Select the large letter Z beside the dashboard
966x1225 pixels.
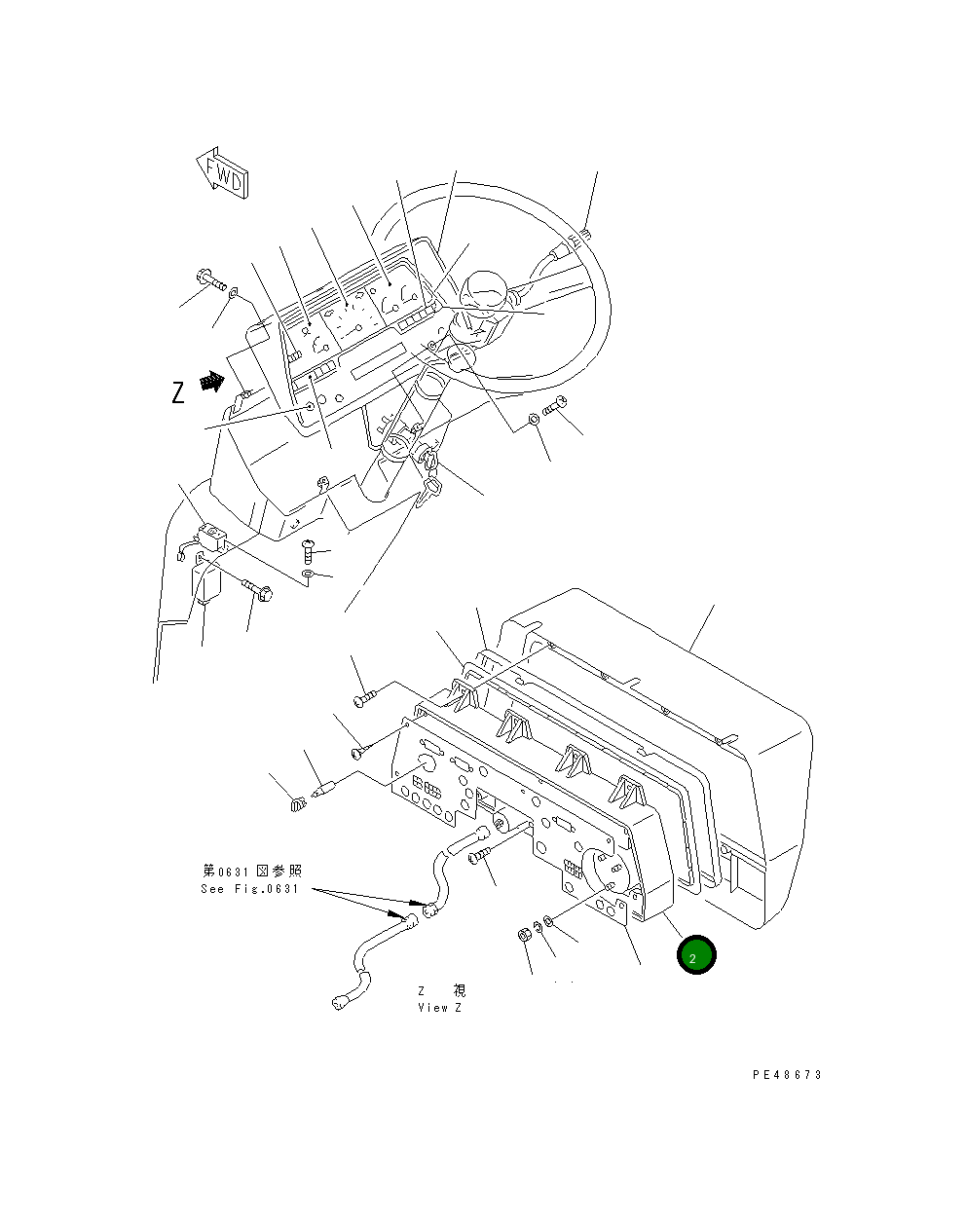(x=177, y=392)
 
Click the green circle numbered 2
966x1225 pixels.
(x=696, y=956)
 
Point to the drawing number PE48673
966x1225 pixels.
(x=787, y=1075)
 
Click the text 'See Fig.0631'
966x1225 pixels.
(x=250, y=889)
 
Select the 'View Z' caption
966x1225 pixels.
(x=440, y=1007)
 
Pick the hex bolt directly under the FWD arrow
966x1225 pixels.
(x=210, y=279)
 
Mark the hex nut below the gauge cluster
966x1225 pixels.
(x=523, y=935)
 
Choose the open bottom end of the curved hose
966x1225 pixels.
(x=341, y=1000)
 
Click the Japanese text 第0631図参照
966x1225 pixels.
(x=252, y=871)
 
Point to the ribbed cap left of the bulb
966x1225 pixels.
(x=299, y=804)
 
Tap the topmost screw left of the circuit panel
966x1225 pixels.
(x=364, y=697)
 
